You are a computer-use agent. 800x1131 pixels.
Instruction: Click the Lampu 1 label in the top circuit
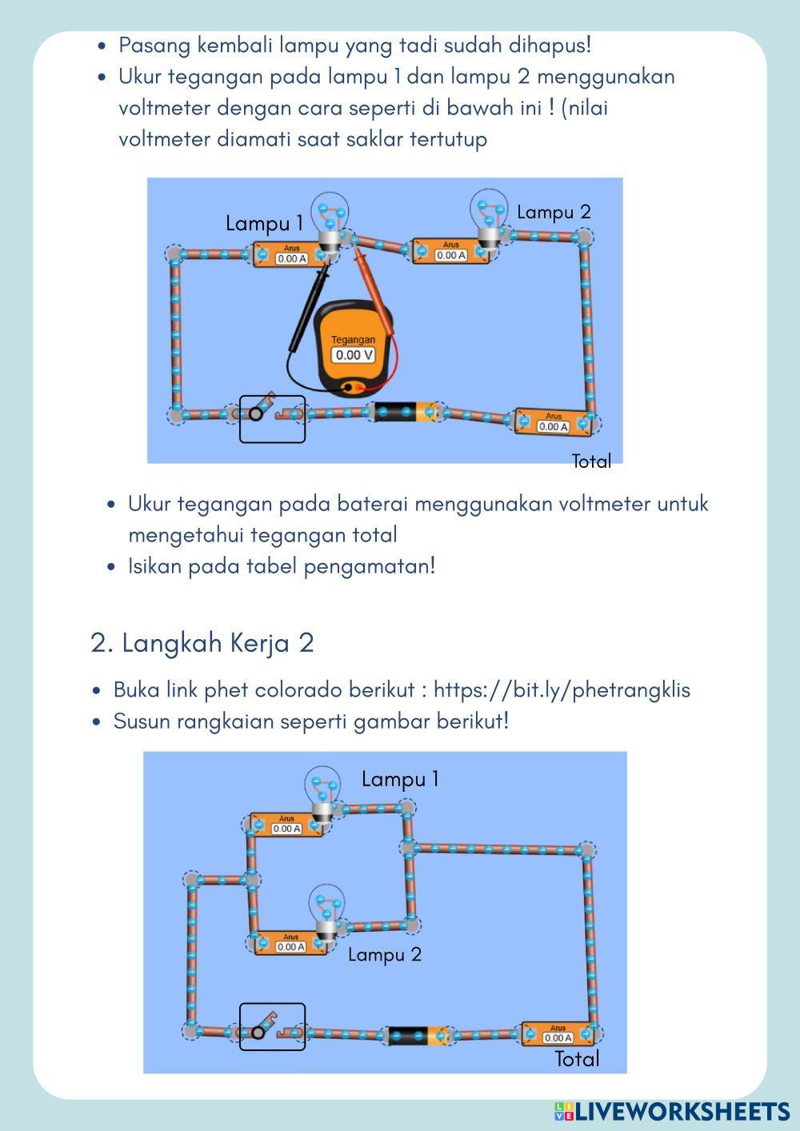coord(264,223)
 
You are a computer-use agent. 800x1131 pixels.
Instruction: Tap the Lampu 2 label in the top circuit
coord(554,212)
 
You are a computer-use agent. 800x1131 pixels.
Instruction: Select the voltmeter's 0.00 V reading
coord(353,355)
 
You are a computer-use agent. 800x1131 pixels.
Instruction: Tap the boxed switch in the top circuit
coord(272,418)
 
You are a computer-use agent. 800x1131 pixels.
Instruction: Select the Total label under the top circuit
coord(591,461)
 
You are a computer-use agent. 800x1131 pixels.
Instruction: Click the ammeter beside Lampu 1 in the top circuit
coord(291,254)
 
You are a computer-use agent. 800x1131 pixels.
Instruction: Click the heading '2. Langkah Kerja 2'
coord(202,642)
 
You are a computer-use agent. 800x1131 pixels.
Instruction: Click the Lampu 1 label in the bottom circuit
coord(400,779)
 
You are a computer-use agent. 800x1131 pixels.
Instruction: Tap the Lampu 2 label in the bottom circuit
coord(384,954)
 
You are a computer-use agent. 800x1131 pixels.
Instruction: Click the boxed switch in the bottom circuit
coord(272,1026)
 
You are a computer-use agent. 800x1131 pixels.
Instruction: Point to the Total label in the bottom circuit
coord(577,1059)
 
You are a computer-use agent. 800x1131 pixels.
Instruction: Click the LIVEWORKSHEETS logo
coord(672,1111)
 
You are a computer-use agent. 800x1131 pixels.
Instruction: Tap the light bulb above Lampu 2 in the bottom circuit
coord(327,910)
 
